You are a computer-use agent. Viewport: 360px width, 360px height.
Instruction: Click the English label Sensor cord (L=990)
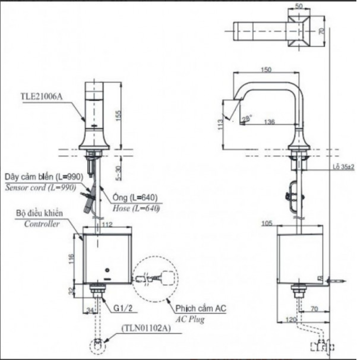point(40,187)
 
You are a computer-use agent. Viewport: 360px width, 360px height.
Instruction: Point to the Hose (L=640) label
point(136,208)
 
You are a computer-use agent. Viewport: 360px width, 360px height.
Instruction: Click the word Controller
point(42,224)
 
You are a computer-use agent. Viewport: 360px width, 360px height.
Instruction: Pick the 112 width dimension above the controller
point(107,225)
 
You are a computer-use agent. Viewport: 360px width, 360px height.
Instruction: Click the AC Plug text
point(190,319)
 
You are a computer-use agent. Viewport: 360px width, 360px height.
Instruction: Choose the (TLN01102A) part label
point(145,328)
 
